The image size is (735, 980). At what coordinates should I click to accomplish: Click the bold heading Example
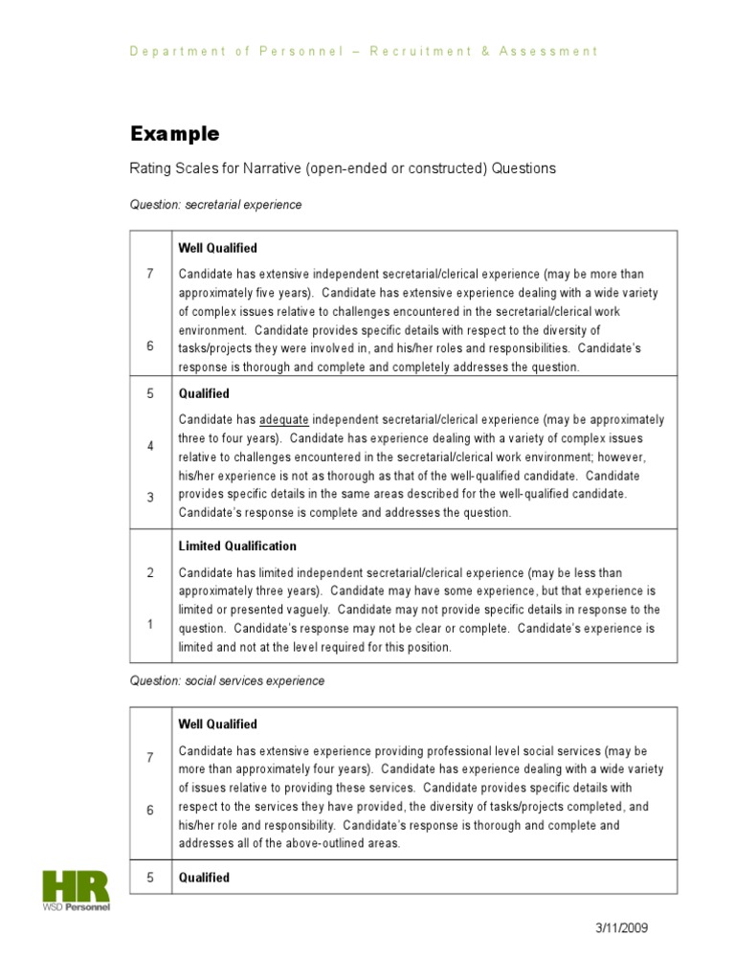pyautogui.click(x=174, y=134)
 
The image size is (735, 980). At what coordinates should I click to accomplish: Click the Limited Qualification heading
pyautogui.click(x=237, y=546)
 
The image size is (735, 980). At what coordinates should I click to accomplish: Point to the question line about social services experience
pyautogui.click(x=227, y=681)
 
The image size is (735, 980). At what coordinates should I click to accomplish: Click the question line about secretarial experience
pyautogui.click(x=215, y=205)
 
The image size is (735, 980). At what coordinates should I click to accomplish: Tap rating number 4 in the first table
pyautogui.click(x=150, y=446)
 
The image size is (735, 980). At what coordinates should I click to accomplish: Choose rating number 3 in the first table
pyautogui.click(x=150, y=496)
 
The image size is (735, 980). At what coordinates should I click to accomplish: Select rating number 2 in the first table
pyautogui.click(x=150, y=573)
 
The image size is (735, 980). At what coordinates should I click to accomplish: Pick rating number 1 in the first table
pyautogui.click(x=150, y=624)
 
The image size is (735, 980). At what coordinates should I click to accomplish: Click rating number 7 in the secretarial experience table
pyautogui.click(x=150, y=275)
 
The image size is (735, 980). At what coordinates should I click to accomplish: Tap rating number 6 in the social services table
pyautogui.click(x=150, y=810)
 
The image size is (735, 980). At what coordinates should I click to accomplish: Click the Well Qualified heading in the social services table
pyautogui.click(x=217, y=724)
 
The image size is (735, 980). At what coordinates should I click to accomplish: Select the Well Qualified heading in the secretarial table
pyautogui.click(x=217, y=248)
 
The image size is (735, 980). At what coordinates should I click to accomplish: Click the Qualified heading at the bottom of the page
pyautogui.click(x=204, y=878)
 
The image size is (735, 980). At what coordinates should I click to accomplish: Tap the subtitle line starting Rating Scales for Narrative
pyautogui.click(x=343, y=168)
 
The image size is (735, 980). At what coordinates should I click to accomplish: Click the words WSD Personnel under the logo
pyautogui.click(x=76, y=906)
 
